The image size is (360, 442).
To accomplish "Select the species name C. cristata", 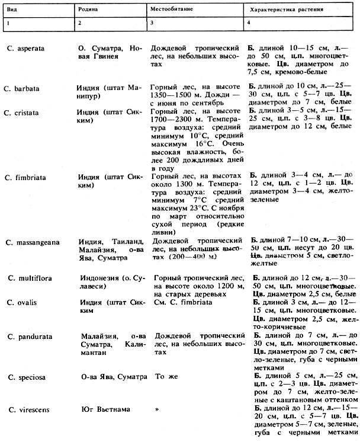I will click(x=24, y=112).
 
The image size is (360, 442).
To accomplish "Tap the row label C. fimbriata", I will click(x=27, y=177).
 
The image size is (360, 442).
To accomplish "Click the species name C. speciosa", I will click(x=27, y=376).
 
